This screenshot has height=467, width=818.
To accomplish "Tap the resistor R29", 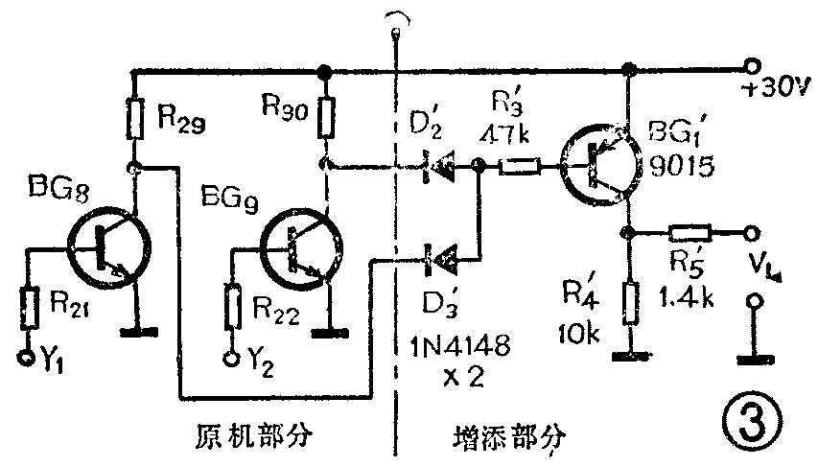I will pos(136,117).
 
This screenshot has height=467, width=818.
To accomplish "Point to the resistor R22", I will pos(231,304).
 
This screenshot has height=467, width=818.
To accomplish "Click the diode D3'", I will pos(439,256).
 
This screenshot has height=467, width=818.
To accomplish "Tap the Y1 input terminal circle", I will pos(26,360).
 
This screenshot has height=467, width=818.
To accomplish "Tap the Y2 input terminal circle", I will pos(231,360).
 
